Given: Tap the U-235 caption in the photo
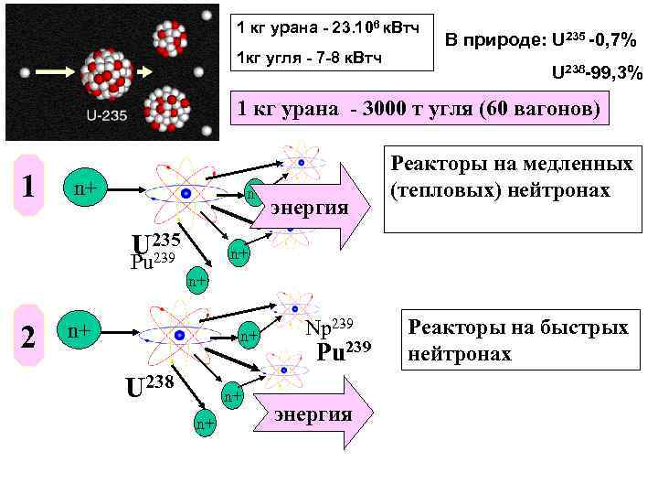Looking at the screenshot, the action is click(x=107, y=116).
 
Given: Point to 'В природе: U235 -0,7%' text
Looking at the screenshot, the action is click(x=542, y=40).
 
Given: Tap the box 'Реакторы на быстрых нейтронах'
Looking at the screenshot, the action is click(x=517, y=339).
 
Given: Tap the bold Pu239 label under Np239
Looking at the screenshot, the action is click(x=344, y=350).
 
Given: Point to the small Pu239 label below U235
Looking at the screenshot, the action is click(x=153, y=261).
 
